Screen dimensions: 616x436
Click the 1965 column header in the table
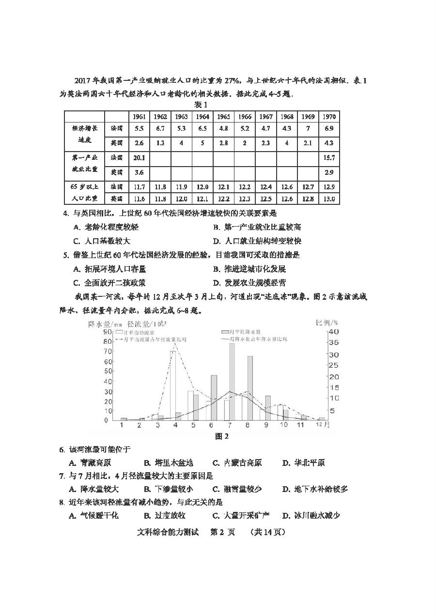223,117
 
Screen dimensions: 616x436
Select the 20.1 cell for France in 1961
139,157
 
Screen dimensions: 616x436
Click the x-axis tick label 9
266,425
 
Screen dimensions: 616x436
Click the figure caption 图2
221,436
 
